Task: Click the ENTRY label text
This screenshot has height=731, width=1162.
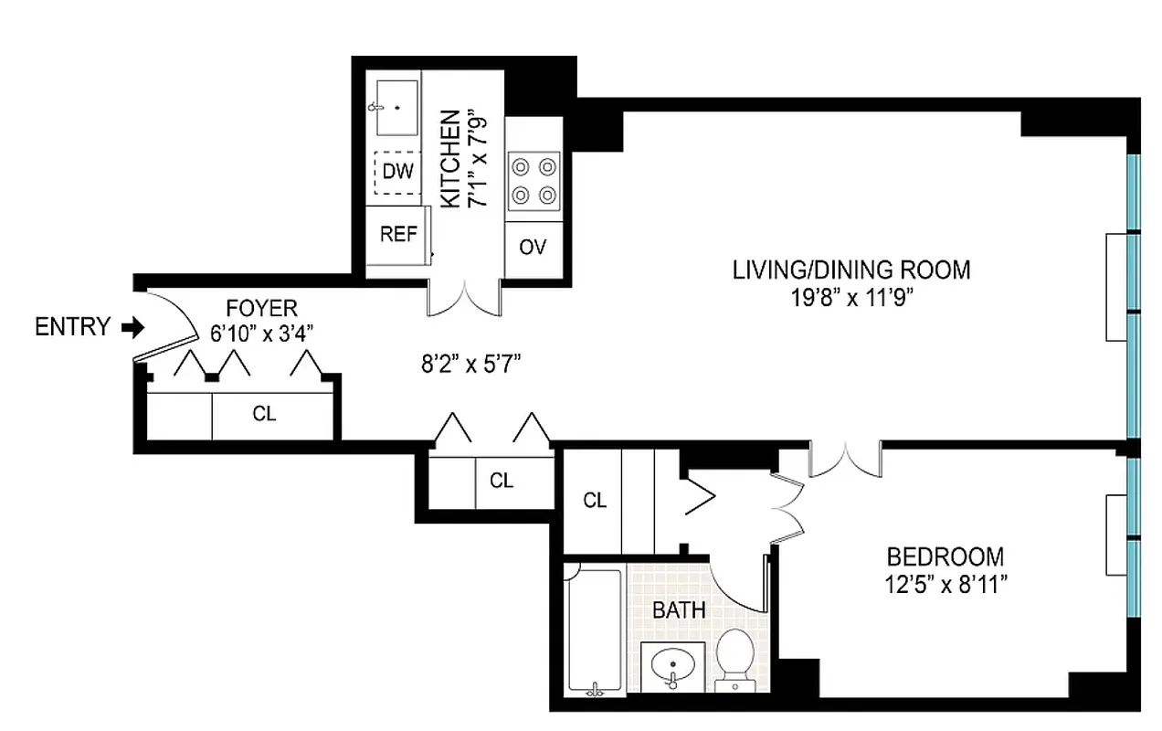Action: point(72,326)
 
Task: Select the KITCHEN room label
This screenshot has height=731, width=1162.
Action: point(449,159)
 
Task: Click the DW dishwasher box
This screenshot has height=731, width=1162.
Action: point(397,172)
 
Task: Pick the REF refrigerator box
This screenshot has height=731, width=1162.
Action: point(398,234)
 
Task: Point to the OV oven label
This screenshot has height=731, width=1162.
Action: point(533,247)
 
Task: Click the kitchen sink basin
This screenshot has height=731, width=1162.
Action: point(397,108)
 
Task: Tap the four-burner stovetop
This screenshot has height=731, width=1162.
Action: point(533,180)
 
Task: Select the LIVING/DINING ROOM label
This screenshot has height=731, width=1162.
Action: point(850,270)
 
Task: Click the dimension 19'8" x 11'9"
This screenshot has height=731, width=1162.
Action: point(850,297)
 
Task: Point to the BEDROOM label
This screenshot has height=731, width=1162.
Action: point(945,556)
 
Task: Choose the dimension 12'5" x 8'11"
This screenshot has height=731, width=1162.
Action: point(945,584)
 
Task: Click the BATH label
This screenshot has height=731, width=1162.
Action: point(679,609)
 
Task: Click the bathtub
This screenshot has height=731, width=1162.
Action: point(595,630)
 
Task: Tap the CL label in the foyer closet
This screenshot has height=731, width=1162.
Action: point(264,414)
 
